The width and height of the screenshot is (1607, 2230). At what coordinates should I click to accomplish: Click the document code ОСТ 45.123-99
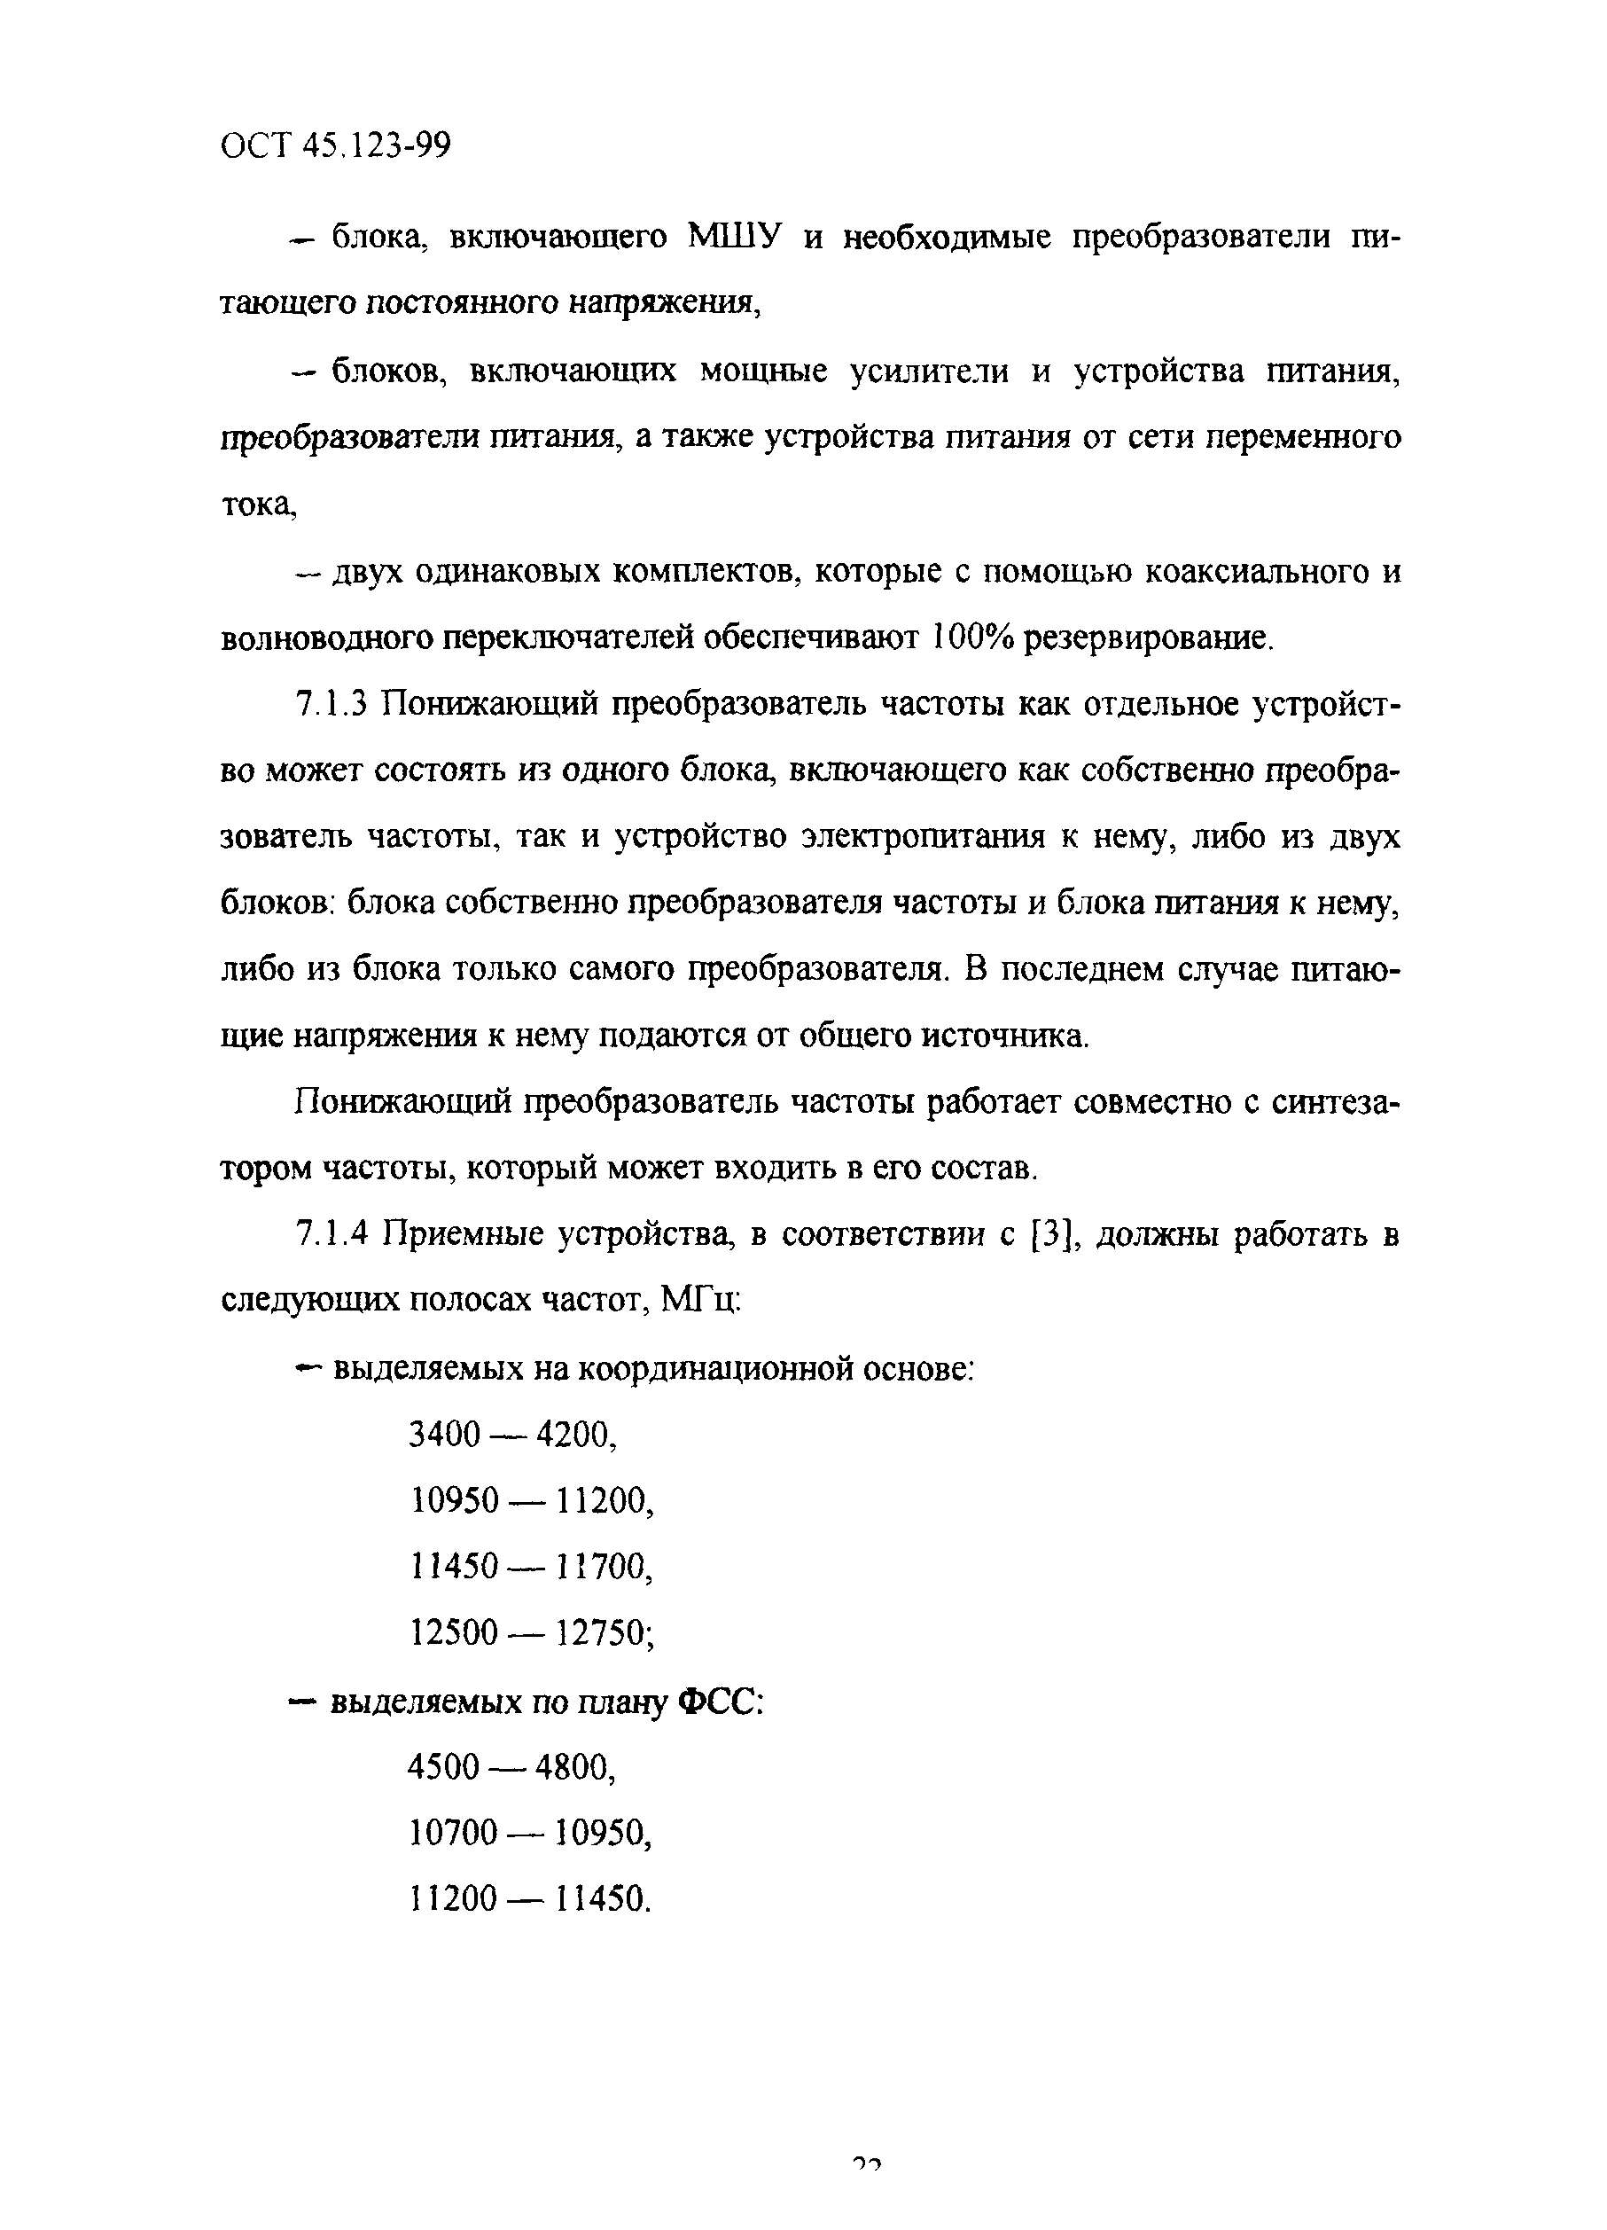(x=335, y=146)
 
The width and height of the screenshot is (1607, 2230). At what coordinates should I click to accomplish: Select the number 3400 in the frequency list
(x=444, y=1435)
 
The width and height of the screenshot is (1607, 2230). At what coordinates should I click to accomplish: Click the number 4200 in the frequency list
(x=577, y=1435)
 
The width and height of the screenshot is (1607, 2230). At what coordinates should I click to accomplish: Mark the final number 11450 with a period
(x=603, y=1898)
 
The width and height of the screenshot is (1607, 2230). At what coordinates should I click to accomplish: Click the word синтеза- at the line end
(x=1335, y=1102)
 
